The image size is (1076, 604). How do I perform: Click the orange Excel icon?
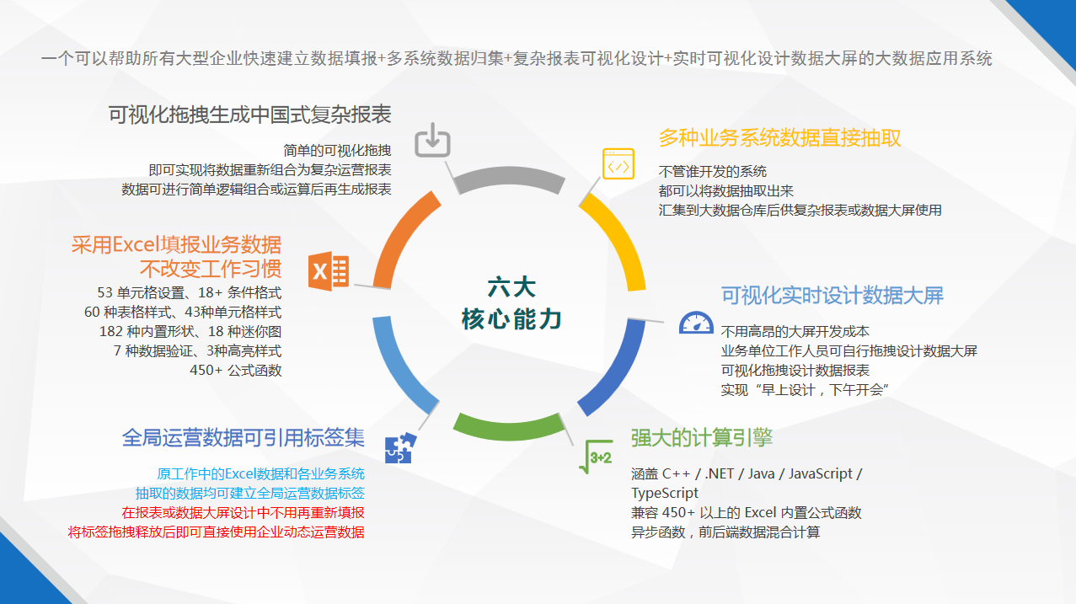pos(329,271)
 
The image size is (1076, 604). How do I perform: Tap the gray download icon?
pos(432,140)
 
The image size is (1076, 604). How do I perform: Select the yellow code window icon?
pos(618,163)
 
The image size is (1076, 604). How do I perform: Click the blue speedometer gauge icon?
pos(696,323)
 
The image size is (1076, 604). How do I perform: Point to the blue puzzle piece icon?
pos(400,448)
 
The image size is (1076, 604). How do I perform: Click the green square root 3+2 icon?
pos(596,456)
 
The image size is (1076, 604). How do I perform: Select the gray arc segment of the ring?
pos(509,176)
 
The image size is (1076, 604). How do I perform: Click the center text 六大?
pos(511,287)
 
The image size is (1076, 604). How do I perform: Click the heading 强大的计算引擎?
pos(701,437)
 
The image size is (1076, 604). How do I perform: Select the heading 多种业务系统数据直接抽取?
pos(779,138)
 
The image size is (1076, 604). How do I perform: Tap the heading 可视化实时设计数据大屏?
pos(832,296)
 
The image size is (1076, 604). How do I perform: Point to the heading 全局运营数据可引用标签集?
pos(243,437)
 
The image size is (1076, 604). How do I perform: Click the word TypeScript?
pos(665,493)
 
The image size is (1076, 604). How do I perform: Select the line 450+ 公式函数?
pos(235,370)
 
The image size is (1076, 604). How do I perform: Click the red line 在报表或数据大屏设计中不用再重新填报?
pos(243,513)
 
